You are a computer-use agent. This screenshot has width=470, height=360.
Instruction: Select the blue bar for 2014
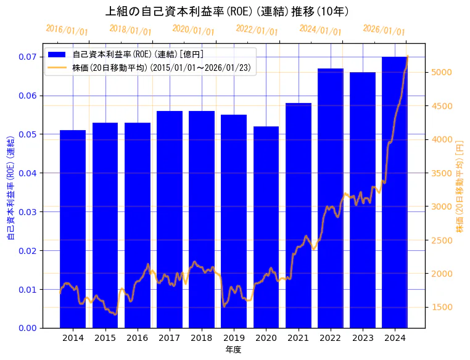(73, 228)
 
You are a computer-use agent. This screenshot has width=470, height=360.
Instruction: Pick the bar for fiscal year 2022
(331, 197)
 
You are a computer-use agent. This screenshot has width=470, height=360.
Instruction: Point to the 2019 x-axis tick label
(234, 338)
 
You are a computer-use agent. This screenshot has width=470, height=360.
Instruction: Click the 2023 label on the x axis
(363, 338)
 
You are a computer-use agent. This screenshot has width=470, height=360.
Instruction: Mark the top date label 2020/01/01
(194, 30)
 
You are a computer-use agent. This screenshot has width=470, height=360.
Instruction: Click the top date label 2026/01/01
(384, 30)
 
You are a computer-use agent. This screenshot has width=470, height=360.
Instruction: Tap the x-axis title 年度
(233, 350)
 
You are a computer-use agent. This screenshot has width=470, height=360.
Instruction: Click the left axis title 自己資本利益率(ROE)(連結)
(10, 188)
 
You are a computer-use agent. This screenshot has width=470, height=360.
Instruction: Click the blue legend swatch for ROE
(58, 55)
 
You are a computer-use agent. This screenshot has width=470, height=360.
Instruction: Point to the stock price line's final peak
(407, 57)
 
